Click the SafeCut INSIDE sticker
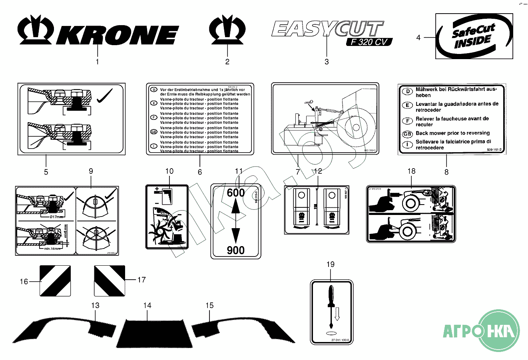click(474, 36)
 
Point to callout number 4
click(418, 38)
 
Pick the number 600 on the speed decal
click(236, 193)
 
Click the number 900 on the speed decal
click(236, 250)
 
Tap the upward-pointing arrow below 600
click(236, 208)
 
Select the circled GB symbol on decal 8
click(407, 133)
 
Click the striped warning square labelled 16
click(55, 281)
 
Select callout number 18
click(411, 171)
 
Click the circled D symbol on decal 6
click(153, 90)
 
